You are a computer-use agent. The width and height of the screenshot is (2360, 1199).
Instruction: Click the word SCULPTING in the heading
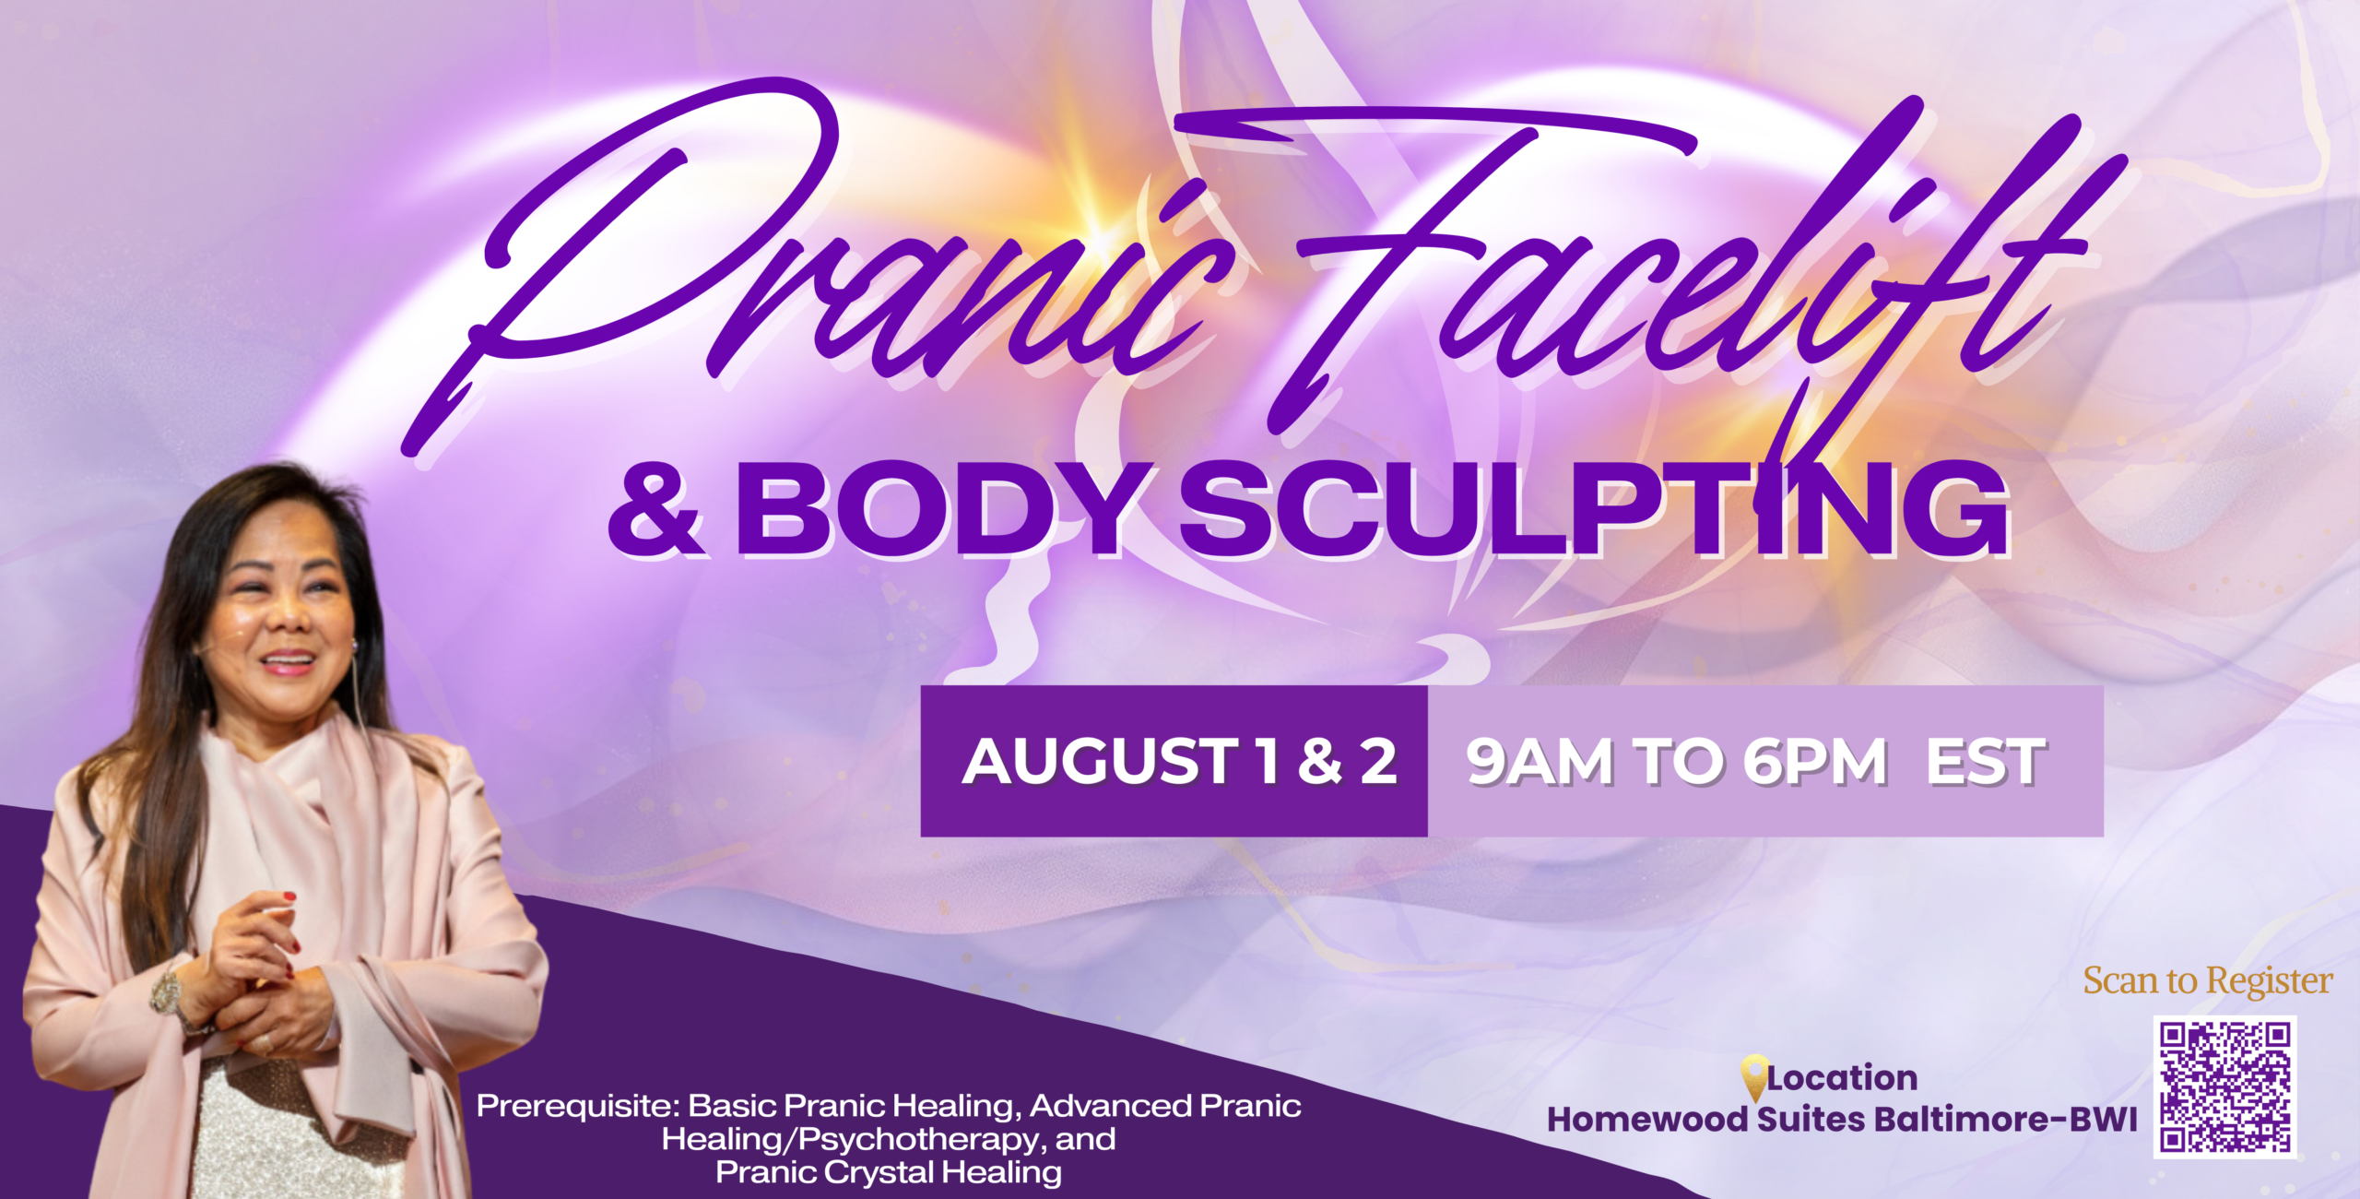pyautogui.click(x=1596, y=511)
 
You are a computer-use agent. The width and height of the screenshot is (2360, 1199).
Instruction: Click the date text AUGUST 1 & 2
pyautogui.click(x=1180, y=762)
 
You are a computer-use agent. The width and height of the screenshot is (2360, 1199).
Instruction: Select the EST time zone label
pyautogui.click(x=1986, y=762)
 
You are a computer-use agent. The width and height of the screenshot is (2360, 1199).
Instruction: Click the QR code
pyautogui.click(x=2225, y=1086)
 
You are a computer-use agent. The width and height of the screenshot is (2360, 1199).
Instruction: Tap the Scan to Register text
pyautogui.click(x=2208, y=980)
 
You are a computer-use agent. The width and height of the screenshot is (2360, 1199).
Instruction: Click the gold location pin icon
pyautogui.click(x=1753, y=1077)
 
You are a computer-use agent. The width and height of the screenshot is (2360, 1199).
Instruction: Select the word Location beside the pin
pyautogui.click(x=1843, y=1077)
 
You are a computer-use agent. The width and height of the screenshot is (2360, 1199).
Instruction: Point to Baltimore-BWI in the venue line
pyautogui.click(x=2005, y=1120)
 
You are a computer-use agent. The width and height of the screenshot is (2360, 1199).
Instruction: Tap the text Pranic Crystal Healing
pyautogui.click(x=889, y=1172)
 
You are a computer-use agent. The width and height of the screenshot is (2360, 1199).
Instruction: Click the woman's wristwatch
pyautogui.click(x=168, y=991)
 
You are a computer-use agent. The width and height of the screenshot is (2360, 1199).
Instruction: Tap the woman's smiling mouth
pyautogui.click(x=289, y=660)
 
